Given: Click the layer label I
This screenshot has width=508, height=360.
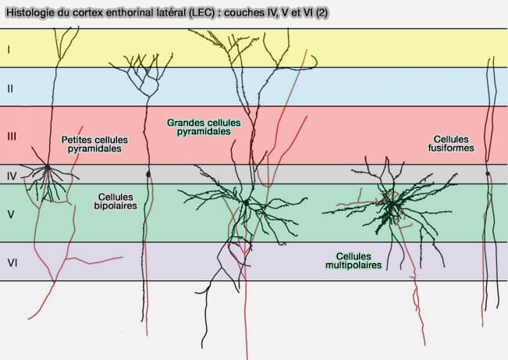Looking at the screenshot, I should [8, 49].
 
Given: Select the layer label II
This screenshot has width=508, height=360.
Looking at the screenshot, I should [9, 88].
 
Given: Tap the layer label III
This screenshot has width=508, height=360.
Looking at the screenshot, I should [11, 136].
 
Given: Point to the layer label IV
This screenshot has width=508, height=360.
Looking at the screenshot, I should [11, 175].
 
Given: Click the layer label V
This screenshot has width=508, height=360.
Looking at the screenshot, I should [11, 212].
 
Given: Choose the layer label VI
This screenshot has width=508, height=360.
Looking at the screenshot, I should [12, 262].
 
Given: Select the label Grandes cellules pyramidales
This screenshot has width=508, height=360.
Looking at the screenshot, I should [204, 127].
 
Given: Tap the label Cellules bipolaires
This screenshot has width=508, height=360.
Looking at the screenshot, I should [118, 201].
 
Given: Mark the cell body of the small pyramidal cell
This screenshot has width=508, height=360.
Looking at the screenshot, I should [48, 166].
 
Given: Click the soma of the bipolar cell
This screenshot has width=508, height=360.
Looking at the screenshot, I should [147, 173].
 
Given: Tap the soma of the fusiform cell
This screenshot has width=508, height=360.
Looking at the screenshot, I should [488, 173].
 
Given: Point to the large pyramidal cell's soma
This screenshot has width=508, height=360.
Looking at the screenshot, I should [244, 202].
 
